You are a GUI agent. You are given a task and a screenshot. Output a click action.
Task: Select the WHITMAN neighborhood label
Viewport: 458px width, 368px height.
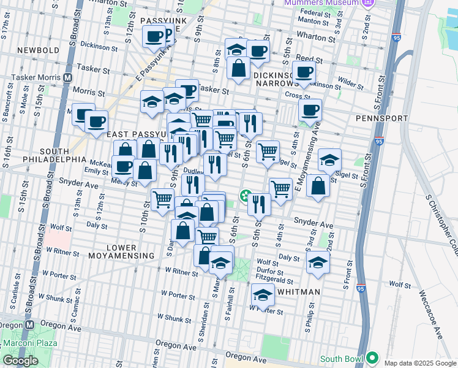(298, 293)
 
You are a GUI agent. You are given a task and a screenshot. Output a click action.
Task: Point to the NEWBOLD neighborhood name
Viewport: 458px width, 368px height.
(39, 50)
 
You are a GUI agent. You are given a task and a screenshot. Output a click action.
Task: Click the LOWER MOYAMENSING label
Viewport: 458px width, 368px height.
(122, 255)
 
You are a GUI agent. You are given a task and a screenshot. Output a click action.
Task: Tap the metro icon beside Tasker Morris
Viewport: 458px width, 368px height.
(67, 78)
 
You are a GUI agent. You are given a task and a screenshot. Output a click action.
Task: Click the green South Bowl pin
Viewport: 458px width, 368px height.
(372, 358)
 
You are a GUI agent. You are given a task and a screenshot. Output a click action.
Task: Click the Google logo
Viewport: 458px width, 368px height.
(20, 361)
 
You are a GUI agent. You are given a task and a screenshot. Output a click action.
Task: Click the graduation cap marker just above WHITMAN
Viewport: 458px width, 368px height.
(262, 295)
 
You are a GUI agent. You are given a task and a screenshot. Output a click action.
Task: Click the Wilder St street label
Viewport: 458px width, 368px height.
(351, 81)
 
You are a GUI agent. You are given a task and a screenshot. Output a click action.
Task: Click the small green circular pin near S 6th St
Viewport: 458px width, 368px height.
(245, 196)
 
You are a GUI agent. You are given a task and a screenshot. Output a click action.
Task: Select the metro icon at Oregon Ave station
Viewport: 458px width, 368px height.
(28, 324)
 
